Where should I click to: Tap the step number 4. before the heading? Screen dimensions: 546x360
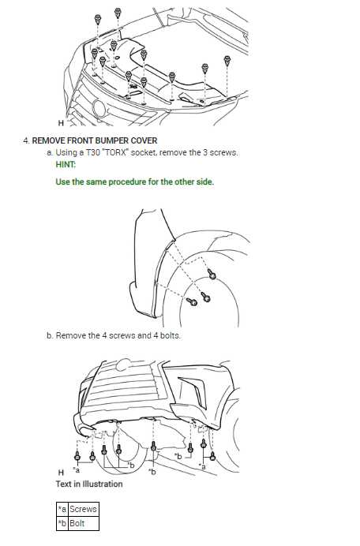point(26,140)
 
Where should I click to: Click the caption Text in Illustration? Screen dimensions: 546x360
point(88,484)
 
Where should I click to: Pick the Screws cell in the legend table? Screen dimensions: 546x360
point(83,510)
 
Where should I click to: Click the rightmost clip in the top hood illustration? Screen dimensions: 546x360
point(227,60)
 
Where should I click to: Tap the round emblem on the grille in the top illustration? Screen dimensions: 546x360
point(99,109)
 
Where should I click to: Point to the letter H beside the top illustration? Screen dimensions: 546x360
point(61,124)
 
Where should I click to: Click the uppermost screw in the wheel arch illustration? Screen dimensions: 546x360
point(212,274)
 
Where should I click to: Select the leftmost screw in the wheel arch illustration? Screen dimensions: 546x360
point(192,301)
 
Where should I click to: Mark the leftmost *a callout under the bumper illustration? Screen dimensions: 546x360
point(77,469)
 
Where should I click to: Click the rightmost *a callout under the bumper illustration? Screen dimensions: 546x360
point(204,466)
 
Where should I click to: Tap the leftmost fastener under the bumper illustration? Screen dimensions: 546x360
point(77,455)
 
